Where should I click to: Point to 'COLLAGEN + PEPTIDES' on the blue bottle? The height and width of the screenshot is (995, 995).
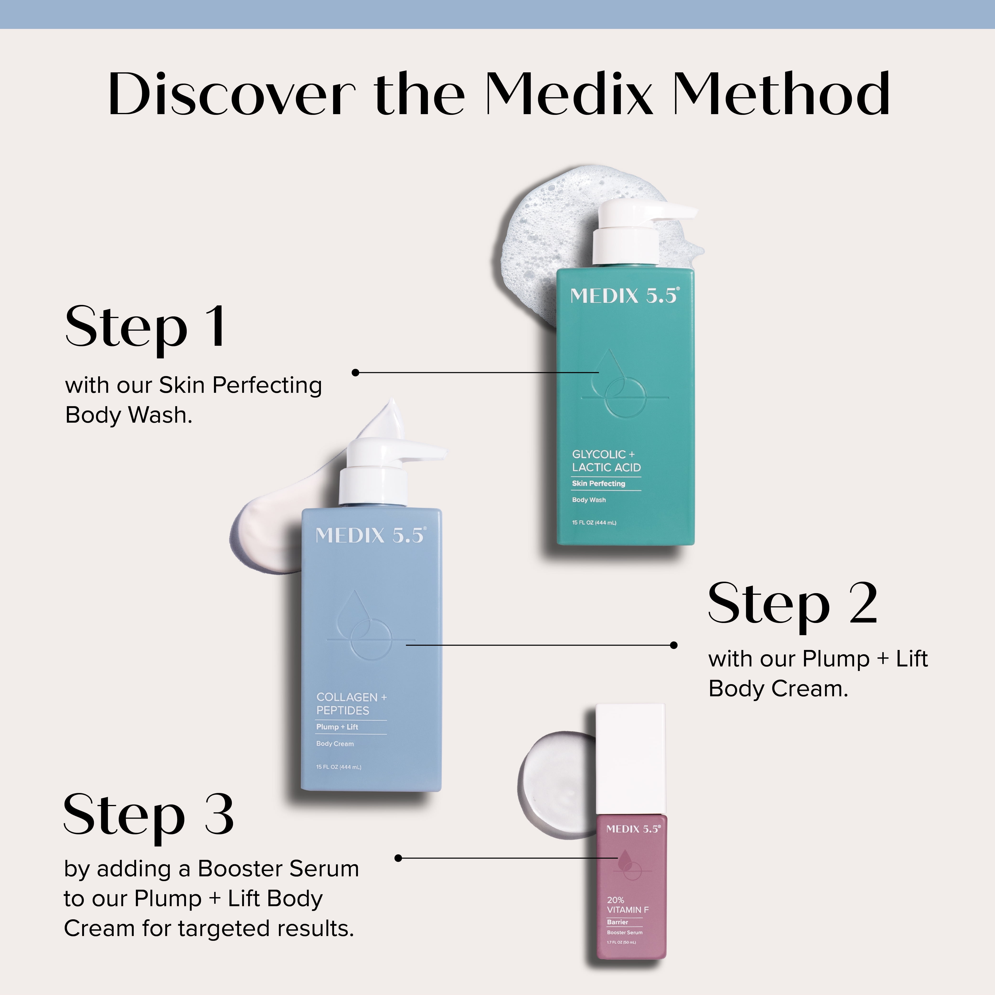(x=351, y=703)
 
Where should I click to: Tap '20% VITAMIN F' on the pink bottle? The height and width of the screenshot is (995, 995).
(x=627, y=905)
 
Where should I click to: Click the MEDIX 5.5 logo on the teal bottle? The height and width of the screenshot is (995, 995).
(x=625, y=296)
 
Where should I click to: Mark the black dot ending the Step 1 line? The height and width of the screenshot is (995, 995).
(x=355, y=372)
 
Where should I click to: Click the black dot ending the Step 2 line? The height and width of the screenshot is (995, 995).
(x=674, y=645)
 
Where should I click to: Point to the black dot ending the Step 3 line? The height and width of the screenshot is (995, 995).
(x=398, y=858)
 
